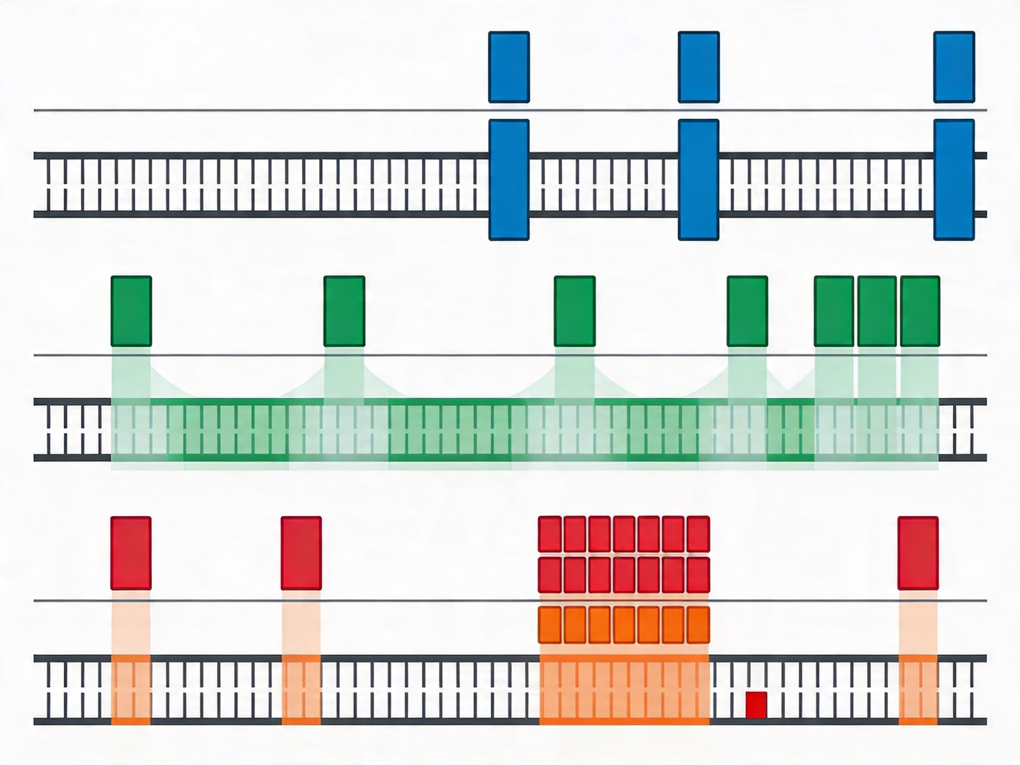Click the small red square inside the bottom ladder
756,705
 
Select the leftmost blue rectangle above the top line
509,67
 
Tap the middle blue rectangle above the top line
699,67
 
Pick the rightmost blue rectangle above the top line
954,67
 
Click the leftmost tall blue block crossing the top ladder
509,180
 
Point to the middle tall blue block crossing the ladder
699,180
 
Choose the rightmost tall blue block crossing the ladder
954,180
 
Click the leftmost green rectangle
131,311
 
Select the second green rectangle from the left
344,311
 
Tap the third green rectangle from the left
575,311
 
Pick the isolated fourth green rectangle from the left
747,311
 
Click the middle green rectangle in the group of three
877,311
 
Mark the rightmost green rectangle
920,311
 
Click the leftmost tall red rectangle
131,553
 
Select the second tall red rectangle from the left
301,553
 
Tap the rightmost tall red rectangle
918,553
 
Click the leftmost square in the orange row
550,625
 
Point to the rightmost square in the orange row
698,625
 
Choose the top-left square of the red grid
550,534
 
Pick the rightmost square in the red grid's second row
698,575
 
